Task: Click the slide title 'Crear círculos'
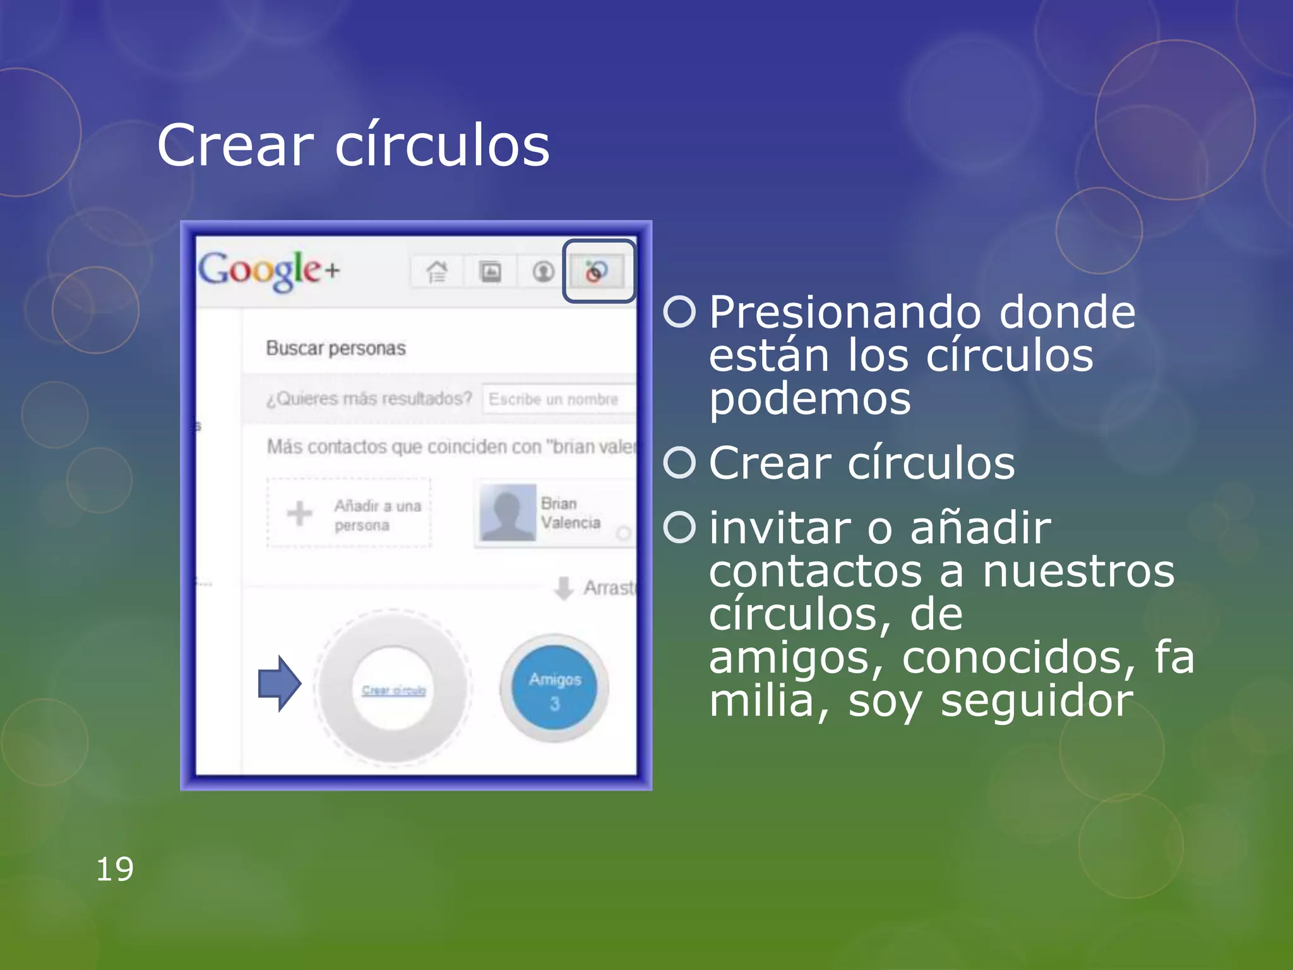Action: [x=353, y=145]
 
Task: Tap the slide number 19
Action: [x=114, y=869]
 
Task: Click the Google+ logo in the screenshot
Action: [x=269, y=270]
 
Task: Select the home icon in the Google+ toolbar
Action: [x=437, y=272]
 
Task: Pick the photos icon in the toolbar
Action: [x=491, y=272]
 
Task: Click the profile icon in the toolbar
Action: [x=543, y=272]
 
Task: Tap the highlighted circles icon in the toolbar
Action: [x=596, y=272]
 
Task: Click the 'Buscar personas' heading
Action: [x=335, y=348]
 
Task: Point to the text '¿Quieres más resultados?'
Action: [x=369, y=399]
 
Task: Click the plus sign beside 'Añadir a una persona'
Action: [x=299, y=513]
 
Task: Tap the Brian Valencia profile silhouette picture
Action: [x=508, y=513]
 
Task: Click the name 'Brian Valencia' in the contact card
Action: [x=569, y=513]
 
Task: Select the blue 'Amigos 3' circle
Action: [x=554, y=688]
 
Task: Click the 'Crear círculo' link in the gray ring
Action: [x=393, y=690]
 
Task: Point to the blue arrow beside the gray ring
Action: [x=279, y=683]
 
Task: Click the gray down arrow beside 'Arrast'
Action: [x=563, y=588]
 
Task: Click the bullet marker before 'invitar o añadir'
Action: [x=679, y=527]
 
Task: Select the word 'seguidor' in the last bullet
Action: [x=1037, y=701]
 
